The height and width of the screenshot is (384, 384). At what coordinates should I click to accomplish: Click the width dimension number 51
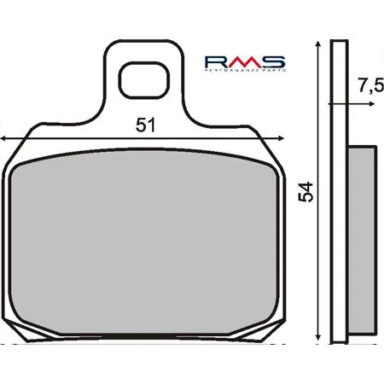pos(146,125)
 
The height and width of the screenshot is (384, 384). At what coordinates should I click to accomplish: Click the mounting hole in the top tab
pos(142,82)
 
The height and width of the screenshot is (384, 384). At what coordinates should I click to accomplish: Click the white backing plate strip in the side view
pos(337,196)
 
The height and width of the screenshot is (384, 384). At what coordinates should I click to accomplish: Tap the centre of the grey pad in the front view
pos(146,242)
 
